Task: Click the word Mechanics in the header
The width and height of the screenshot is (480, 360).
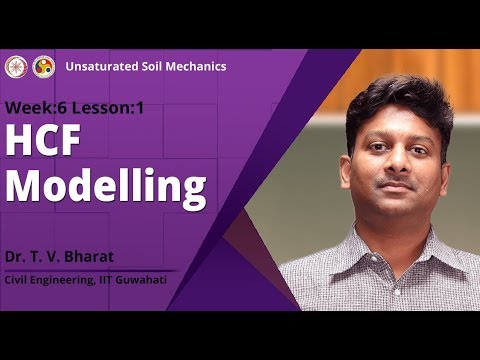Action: [196, 66]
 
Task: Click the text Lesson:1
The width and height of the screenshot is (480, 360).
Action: [105, 106]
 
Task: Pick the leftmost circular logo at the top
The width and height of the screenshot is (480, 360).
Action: [16, 66]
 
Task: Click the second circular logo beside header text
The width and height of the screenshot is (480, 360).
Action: [43, 66]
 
